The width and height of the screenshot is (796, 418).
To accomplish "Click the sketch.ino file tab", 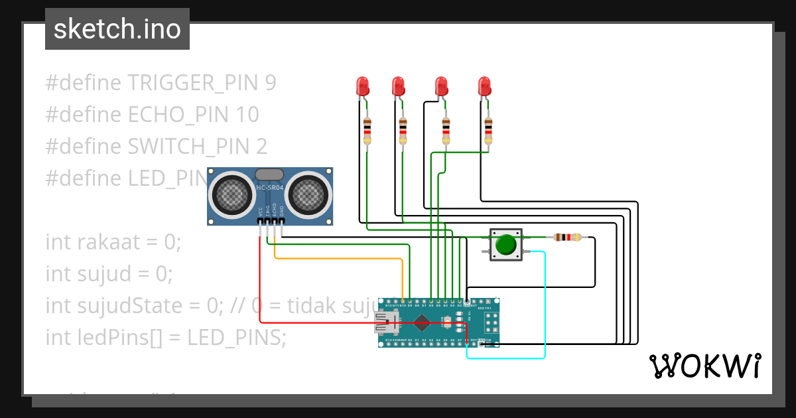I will [117, 29].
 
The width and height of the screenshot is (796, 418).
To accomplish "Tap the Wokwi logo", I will [704, 366].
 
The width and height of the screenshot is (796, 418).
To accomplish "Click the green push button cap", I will [506, 244].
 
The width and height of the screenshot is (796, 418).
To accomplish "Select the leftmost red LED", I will [362, 86].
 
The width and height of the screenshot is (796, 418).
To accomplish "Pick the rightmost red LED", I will [484, 86].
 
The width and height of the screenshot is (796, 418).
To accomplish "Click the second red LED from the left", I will [398, 86].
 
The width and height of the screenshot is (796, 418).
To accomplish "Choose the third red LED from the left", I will [441, 86].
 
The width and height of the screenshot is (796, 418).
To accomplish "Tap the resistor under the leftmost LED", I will [367, 131].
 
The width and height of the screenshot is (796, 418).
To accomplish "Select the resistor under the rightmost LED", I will [489, 131].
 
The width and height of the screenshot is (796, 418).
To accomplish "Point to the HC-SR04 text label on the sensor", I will [270, 188].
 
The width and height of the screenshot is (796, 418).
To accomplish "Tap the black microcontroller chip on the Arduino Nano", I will [421, 323].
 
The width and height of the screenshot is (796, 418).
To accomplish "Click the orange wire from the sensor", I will [338, 258].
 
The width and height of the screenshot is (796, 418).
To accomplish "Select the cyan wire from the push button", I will [545, 305].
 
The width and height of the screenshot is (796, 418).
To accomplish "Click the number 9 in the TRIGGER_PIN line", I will [270, 83].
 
